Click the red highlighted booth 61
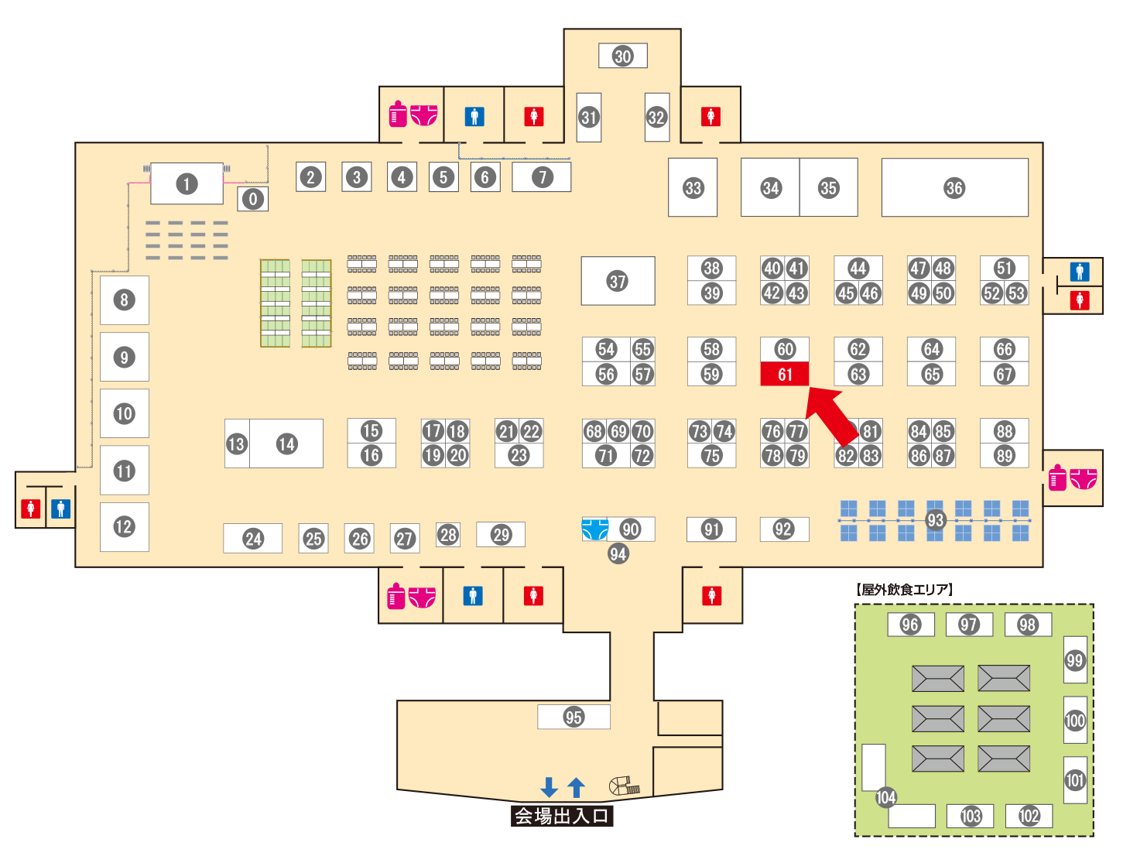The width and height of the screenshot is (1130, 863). [x=785, y=375]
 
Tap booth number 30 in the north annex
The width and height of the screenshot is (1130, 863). [x=623, y=56]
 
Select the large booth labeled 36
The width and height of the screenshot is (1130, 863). [x=954, y=188]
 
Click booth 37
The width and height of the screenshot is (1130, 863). [x=618, y=281]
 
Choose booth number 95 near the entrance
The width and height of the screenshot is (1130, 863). [x=574, y=717]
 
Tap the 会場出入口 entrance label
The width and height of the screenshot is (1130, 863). [x=562, y=816]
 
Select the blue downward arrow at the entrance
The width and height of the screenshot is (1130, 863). [x=549, y=787]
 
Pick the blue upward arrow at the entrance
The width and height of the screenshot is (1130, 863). [x=576, y=787]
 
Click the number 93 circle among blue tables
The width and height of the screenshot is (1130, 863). [x=935, y=520]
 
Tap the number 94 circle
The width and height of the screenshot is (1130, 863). [x=618, y=553]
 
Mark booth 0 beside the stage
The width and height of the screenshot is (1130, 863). [x=252, y=200]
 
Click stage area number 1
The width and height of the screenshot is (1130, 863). [x=187, y=184]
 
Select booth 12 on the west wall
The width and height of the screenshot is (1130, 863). [x=124, y=527]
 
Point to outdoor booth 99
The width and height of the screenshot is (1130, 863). [x=1074, y=660]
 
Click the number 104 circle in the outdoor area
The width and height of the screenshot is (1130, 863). [x=885, y=797]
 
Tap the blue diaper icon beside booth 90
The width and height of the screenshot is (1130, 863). [x=594, y=529]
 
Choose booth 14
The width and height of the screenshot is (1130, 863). [x=287, y=443]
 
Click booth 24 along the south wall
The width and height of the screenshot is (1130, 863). [x=253, y=539]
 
